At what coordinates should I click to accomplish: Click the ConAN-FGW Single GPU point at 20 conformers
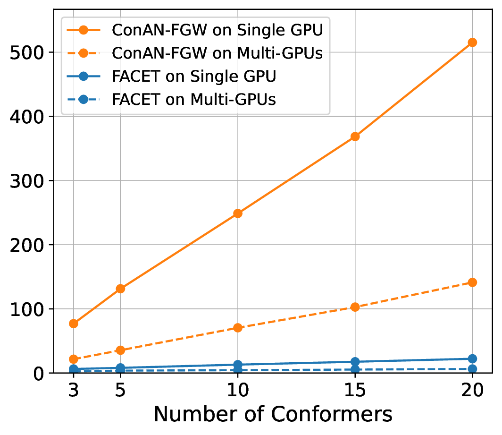click(472, 43)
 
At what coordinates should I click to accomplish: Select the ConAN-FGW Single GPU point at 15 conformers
click(355, 136)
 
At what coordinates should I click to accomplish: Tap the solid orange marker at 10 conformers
click(238, 213)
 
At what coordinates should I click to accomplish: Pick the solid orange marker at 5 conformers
click(120, 289)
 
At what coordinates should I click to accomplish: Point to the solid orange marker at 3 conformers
click(74, 324)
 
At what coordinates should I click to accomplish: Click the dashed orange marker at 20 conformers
click(472, 282)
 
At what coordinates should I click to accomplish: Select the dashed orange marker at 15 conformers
click(355, 307)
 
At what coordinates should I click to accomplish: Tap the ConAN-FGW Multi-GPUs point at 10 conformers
click(238, 328)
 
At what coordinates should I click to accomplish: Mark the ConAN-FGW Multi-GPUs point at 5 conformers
click(120, 350)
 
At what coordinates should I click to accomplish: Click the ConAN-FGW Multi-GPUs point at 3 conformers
click(74, 359)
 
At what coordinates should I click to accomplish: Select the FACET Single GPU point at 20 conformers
click(472, 358)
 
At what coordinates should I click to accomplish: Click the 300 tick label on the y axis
click(26, 181)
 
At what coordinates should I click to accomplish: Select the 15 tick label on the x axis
click(355, 391)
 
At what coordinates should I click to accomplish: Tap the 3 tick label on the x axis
click(74, 391)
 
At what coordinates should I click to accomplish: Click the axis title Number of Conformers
click(273, 414)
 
